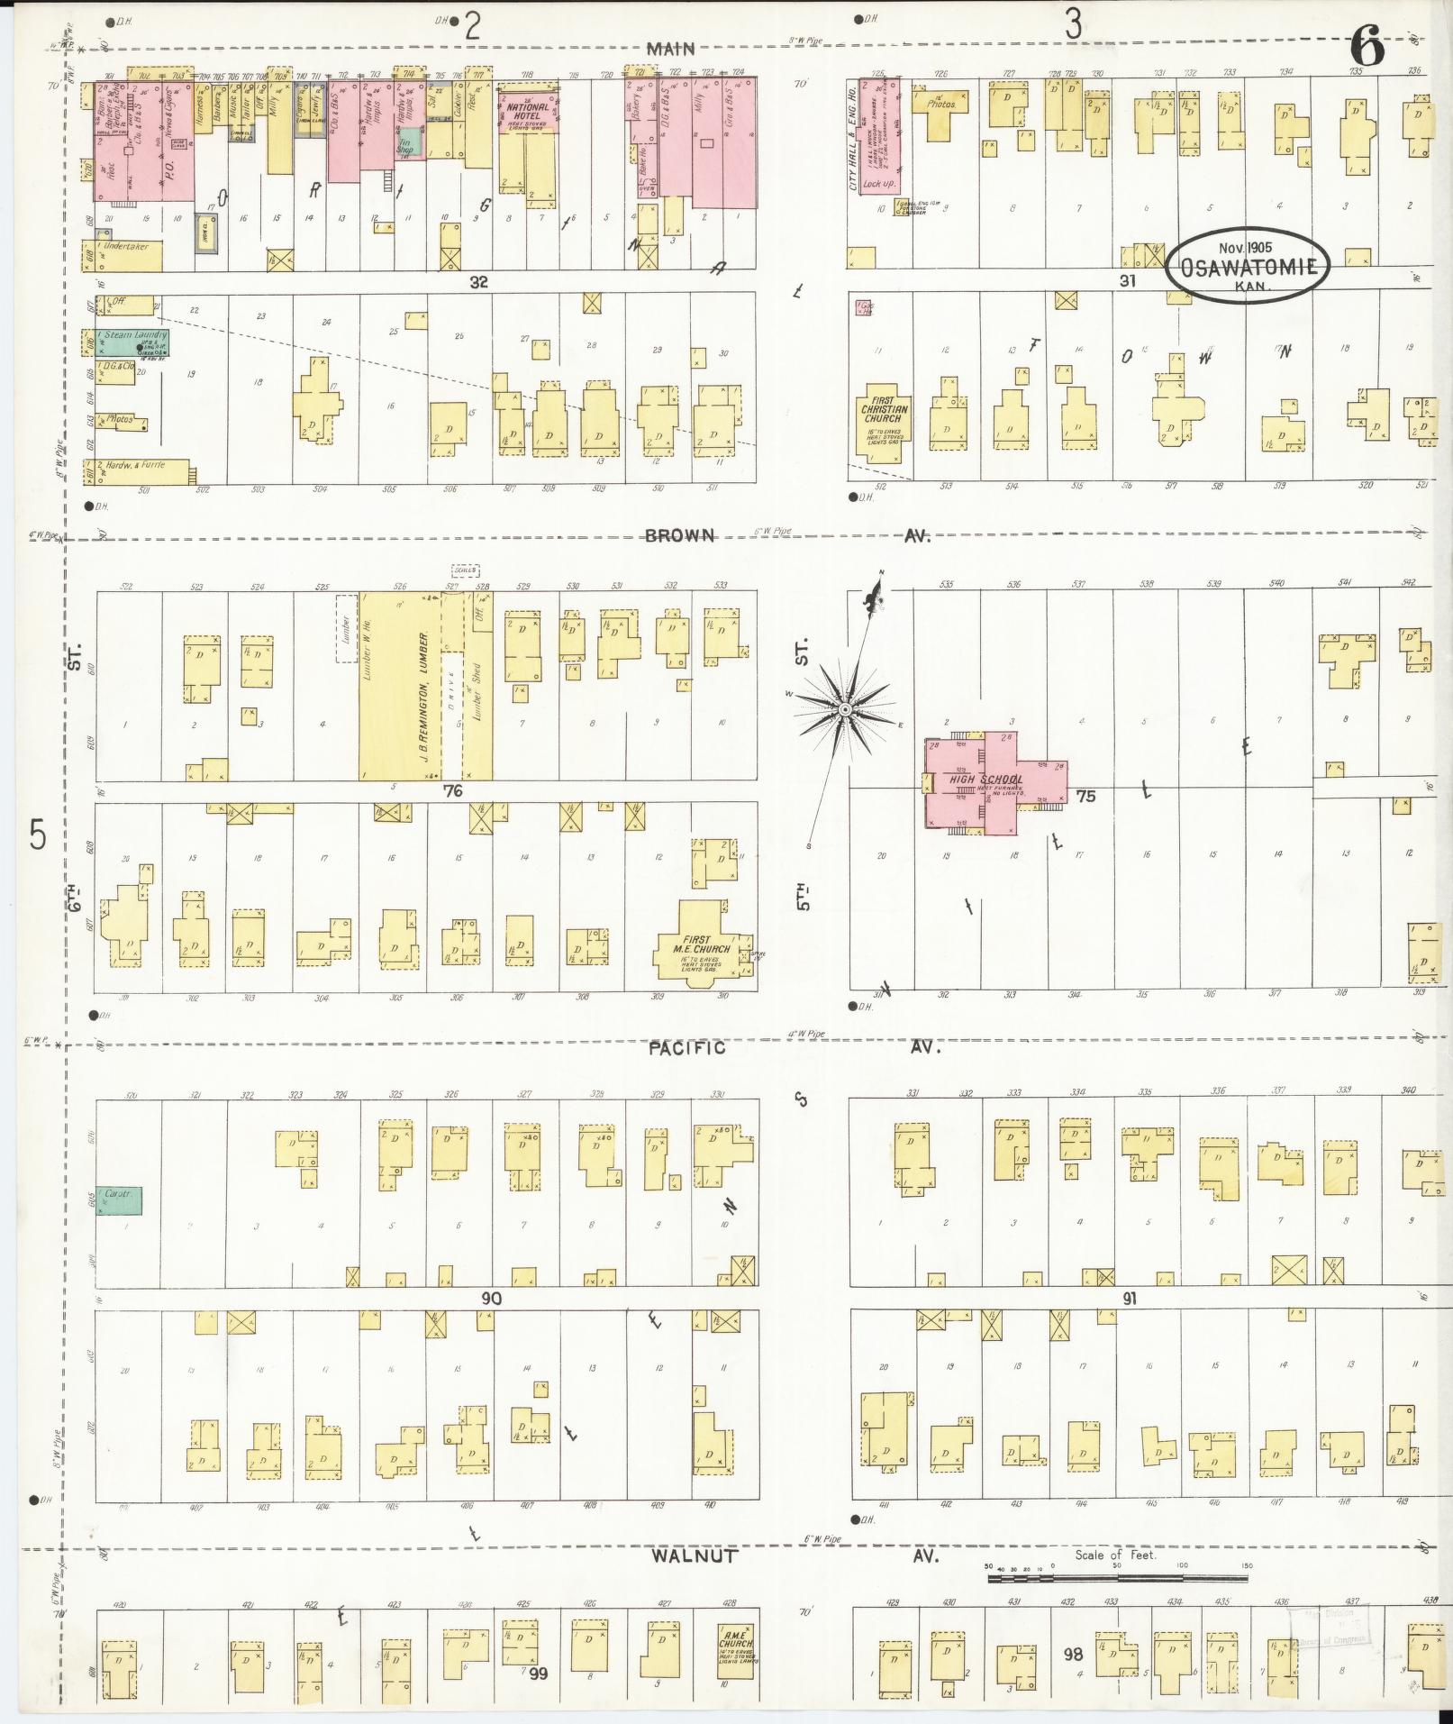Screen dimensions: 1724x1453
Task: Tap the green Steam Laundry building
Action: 134,342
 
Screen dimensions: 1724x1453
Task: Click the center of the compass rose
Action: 845,710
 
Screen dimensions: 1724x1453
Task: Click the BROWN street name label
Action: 679,535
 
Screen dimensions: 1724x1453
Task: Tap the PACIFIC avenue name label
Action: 687,1048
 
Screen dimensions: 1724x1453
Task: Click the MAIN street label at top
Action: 672,49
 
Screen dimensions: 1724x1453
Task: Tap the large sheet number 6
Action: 1366,47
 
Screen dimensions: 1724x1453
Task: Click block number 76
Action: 453,791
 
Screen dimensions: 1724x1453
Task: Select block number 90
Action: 491,1299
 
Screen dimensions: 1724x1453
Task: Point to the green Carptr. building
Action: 119,1200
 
